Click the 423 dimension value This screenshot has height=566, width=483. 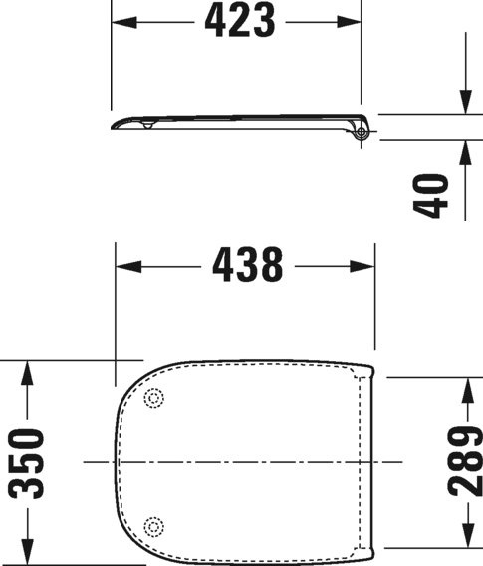click(239, 21)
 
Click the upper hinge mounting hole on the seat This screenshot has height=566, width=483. click(153, 399)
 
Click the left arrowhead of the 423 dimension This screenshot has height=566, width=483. click(119, 21)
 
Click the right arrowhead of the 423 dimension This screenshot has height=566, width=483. click(352, 21)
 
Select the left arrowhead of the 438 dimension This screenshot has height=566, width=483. click(125, 266)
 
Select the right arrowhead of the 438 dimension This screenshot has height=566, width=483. click(367, 266)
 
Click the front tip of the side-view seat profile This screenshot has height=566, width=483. click(114, 125)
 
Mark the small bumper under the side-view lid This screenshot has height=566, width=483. click(146, 126)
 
